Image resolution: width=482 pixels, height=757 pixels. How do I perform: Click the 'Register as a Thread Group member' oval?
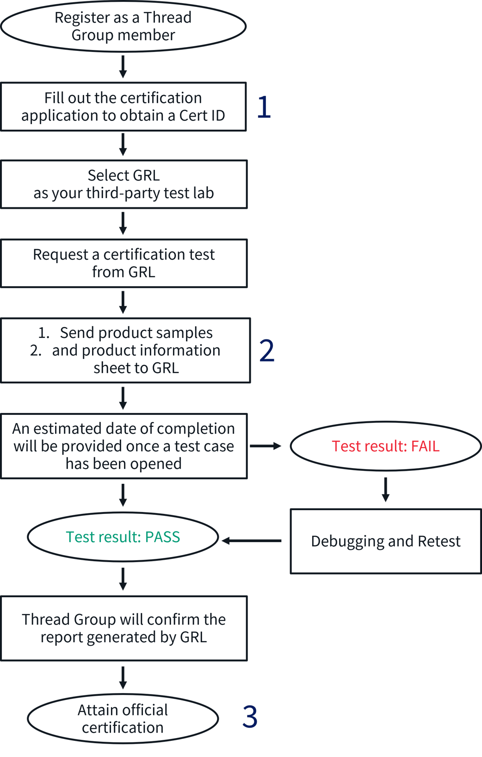(x=123, y=26)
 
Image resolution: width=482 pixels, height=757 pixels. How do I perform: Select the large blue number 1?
(x=264, y=107)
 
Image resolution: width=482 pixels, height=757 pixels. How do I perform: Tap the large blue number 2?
(x=267, y=350)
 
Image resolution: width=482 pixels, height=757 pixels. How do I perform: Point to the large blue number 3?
(x=250, y=717)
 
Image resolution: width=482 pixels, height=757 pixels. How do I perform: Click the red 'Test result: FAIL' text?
(x=385, y=446)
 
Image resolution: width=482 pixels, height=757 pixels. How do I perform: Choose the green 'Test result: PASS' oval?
(x=123, y=537)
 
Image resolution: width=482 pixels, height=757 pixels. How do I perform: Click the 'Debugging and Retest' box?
(x=385, y=541)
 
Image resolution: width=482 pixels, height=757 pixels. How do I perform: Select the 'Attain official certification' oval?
(x=123, y=719)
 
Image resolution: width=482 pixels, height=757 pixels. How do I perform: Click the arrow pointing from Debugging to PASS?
(x=251, y=541)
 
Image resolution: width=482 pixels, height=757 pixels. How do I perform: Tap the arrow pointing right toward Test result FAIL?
(x=266, y=446)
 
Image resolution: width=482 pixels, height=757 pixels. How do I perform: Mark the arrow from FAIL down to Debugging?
(x=385, y=490)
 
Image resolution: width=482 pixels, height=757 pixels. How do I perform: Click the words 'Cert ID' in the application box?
(x=202, y=115)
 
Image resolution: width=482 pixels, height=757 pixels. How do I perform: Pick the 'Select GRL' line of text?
(x=124, y=175)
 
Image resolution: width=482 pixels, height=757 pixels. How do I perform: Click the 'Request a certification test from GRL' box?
(x=124, y=263)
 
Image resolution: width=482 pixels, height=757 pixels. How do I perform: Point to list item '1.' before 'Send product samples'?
(x=43, y=333)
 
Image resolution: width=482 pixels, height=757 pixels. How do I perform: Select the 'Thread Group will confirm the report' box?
(x=124, y=628)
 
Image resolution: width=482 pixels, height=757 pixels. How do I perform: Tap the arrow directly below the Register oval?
(x=123, y=67)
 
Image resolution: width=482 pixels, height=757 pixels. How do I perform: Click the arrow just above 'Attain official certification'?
(x=123, y=678)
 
